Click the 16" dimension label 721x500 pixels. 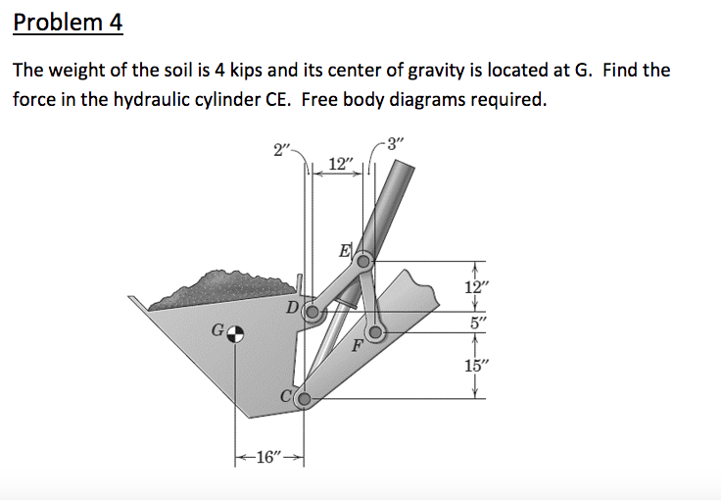point(265,458)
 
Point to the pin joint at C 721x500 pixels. point(304,399)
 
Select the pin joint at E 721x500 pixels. point(362,261)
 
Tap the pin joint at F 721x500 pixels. point(375,332)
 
